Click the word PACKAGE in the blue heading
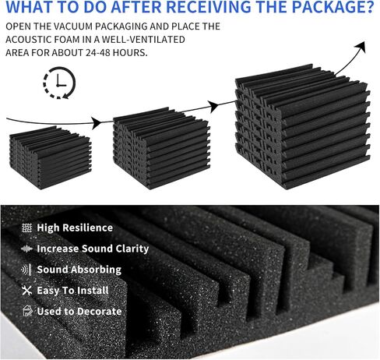click(x=330, y=7)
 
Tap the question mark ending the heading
click(x=371, y=7)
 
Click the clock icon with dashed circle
click(x=59, y=83)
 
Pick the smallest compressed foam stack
click(x=51, y=157)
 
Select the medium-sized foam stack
click(x=161, y=148)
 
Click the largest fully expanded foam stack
click(x=303, y=126)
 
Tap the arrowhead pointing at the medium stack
click(x=97, y=123)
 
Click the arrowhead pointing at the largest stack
click(x=213, y=106)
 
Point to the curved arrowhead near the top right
click(x=361, y=47)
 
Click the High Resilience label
click(x=75, y=228)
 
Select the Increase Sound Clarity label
click(x=93, y=249)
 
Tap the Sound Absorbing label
click(x=79, y=270)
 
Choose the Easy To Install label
click(x=72, y=291)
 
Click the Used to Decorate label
click(x=79, y=311)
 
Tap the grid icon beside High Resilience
click(x=26, y=228)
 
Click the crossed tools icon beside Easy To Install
click(x=26, y=291)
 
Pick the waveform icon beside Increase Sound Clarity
click(x=26, y=249)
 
